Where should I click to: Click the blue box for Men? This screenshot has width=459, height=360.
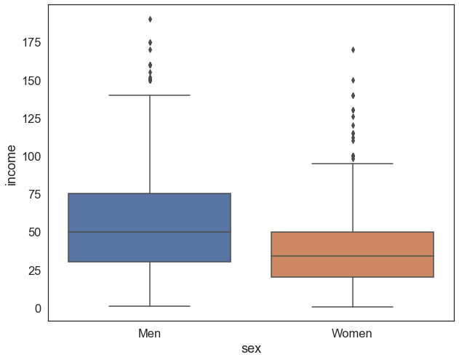point(149,211)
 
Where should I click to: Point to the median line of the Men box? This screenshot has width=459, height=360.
point(149,232)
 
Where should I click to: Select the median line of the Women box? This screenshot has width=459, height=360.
point(352,256)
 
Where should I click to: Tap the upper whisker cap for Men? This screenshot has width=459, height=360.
point(149,95)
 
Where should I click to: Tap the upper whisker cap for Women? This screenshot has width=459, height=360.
point(352,164)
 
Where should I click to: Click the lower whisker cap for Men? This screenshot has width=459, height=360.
point(149,306)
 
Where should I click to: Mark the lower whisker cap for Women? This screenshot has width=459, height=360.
point(352,307)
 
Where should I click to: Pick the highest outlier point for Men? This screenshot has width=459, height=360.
point(150,19)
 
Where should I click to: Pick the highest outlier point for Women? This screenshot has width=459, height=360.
point(353,49)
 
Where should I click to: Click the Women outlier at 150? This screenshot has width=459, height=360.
point(353,80)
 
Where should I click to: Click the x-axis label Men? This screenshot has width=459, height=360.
point(149,334)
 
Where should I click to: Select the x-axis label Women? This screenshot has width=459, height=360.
point(352,334)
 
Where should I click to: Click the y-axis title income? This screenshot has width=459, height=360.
point(12,165)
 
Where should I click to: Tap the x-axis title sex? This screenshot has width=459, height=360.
point(251,349)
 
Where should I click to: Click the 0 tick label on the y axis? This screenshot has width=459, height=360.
point(38,308)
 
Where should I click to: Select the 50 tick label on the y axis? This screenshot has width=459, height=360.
point(33,233)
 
